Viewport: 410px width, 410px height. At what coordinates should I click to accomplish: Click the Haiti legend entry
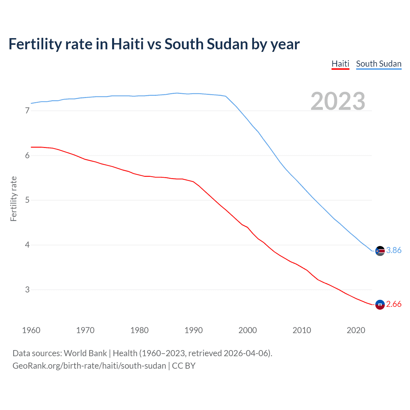click(340, 64)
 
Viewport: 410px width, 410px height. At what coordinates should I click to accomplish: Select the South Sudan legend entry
click(379, 64)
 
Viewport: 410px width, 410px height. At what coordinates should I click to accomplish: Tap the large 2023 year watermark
click(338, 101)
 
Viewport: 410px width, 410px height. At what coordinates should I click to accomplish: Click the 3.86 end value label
click(394, 250)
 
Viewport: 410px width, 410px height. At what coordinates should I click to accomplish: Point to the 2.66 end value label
click(394, 304)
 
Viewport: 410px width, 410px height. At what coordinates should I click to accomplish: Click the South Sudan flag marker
click(380, 251)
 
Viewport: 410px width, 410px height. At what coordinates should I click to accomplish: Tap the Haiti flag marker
click(380, 304)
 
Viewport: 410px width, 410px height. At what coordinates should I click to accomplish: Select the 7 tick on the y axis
click(27, 111)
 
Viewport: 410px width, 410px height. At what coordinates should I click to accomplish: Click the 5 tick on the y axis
click(27, 200)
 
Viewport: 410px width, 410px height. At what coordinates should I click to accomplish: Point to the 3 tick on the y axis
click(27, 290)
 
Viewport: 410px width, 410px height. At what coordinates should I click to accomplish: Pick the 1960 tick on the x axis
click(31, 330)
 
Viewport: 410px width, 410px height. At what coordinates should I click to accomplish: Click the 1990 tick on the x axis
click(193, 330)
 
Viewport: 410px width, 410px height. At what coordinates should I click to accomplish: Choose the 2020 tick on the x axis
click(356, 330)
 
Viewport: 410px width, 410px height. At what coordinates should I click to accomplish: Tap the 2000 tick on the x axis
click(248, 330)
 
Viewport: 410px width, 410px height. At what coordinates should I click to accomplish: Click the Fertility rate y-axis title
click(13, 199)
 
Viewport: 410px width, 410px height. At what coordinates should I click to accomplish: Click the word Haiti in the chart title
click(127, 44)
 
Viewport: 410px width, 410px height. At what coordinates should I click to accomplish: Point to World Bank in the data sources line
click(85, 353)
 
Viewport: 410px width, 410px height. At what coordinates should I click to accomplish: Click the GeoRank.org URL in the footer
click(89, 366)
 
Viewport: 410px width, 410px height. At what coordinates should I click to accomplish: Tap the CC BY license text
click(184, 366)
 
